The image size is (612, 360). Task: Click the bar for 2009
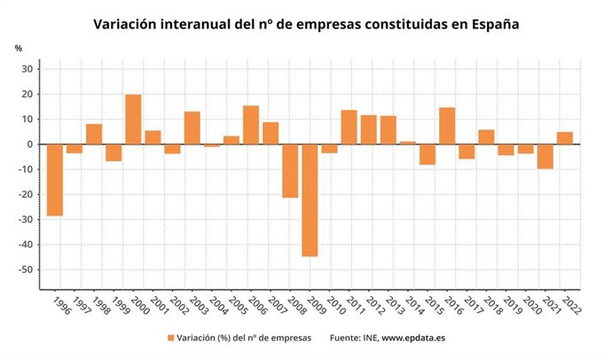tap(310, 200)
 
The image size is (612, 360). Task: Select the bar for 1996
tap(55, 179)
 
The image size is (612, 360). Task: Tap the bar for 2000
tap(133, 119)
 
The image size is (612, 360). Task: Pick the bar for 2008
tap(290, 170)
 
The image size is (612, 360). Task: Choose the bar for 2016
tap(447, 125)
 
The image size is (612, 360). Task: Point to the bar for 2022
tap(565, 137)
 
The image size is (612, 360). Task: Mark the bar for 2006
tap(251, 124)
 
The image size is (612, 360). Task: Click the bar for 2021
tap(545, 156)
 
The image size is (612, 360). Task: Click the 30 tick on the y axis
tap(27, 68)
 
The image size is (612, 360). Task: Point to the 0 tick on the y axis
tap(30, 144)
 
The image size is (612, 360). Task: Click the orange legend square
tap(170, 338)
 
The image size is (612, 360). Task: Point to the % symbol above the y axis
tap(18, 47)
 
